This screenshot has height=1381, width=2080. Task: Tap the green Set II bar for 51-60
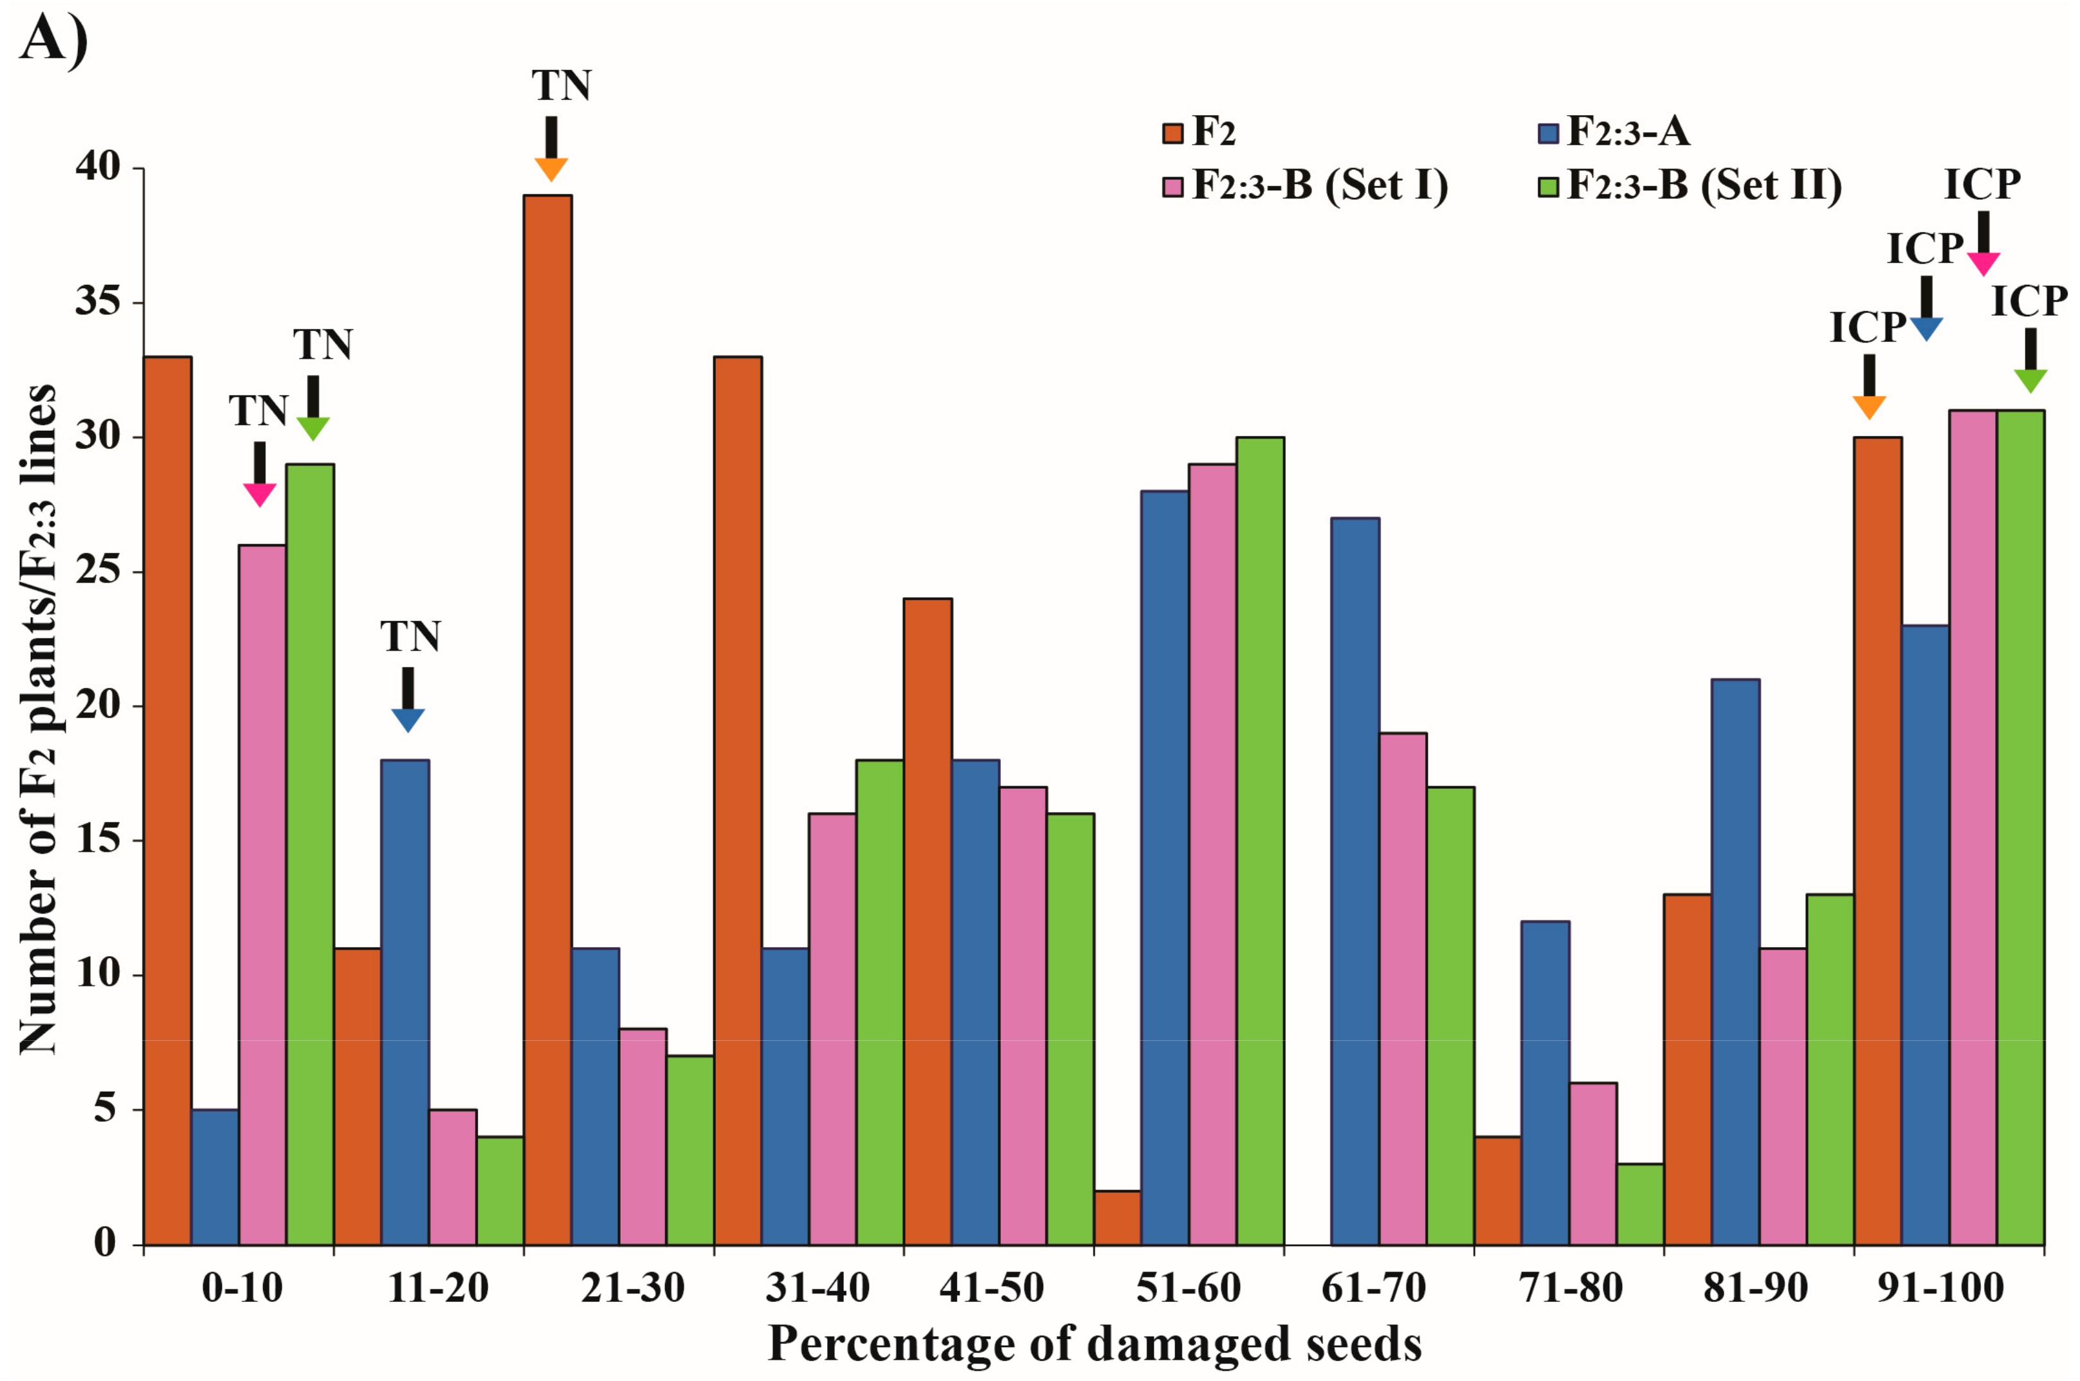[x=1260, y=840]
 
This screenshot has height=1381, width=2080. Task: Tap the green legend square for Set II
[x=1548, y=186]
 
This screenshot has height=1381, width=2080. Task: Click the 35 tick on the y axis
[x=98, y=302]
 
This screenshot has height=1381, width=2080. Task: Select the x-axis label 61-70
[x=1373, y=1288]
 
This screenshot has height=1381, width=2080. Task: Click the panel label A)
[x=53, y=40]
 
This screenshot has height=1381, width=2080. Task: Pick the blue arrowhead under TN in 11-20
[x=408, y=719]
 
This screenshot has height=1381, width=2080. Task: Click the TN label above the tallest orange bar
[x=561, y=86]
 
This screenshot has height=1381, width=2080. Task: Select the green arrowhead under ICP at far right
[x=2030, y=381]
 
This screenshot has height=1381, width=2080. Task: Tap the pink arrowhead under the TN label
[x=260, y=495]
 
